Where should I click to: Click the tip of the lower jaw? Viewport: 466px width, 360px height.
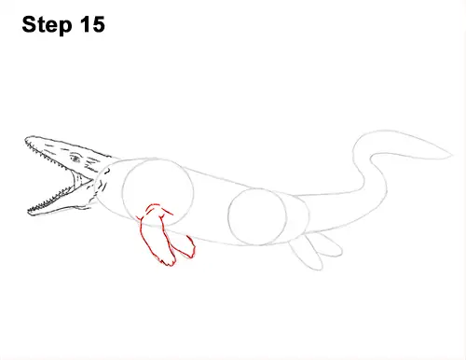point(29,213)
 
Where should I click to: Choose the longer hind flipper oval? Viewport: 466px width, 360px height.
point(304,253)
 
